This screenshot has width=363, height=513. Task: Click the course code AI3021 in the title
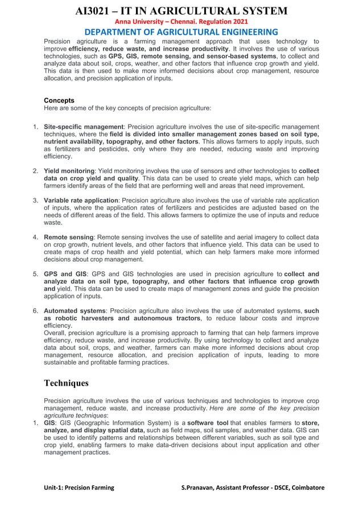(x=95, y=10)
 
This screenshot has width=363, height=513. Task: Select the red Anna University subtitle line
(x=181, y=22)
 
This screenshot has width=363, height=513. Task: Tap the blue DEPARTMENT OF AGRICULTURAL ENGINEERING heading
(x=181, y=32)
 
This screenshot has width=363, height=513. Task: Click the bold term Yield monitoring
(x=68, y=171)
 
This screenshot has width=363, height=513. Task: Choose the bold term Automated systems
(x=74, y=311)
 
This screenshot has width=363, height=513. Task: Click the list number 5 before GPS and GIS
(x=35, y=274)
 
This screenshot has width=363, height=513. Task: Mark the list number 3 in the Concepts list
(x=35, y=200)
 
